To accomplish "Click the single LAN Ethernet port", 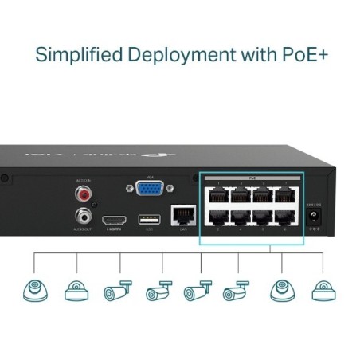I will [x=182, y=217].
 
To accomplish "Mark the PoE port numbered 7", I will [x=283, y=193].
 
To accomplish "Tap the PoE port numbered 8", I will [x=283, y=217].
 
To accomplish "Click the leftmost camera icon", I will [x=34, y=292].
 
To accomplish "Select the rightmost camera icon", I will [x=323, y=292].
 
